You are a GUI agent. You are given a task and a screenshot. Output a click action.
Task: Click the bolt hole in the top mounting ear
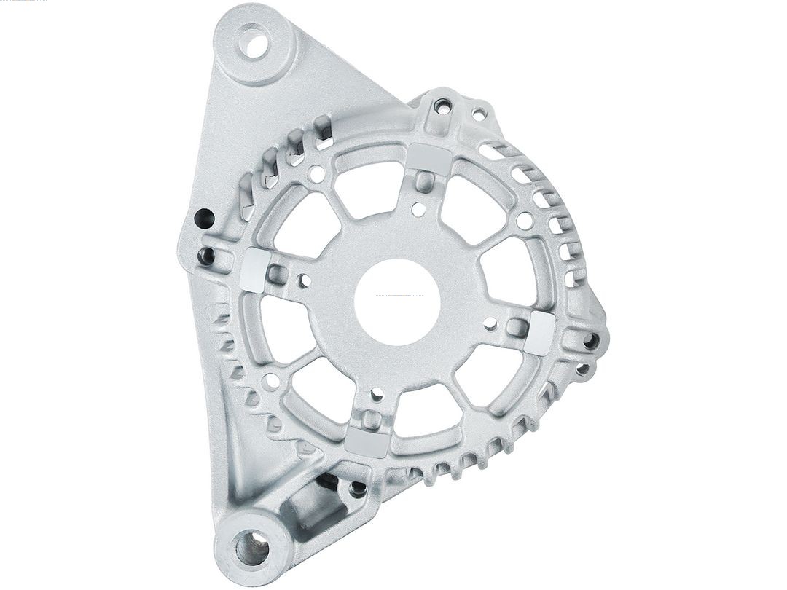(253, 42)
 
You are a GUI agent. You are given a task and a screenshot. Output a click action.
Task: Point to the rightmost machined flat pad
(539, 334)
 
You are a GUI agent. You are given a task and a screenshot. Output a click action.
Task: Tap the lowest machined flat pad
(366, 440)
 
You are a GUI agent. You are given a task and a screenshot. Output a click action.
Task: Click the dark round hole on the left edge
(204, 218)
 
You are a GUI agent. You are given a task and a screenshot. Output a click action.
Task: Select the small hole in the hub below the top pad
(418, 209)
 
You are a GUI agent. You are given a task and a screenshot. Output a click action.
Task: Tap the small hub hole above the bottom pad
(377, 394)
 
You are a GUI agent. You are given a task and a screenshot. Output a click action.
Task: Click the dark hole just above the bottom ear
(357, 489)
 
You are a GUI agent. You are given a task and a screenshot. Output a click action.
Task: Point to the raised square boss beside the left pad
(276, 275)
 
